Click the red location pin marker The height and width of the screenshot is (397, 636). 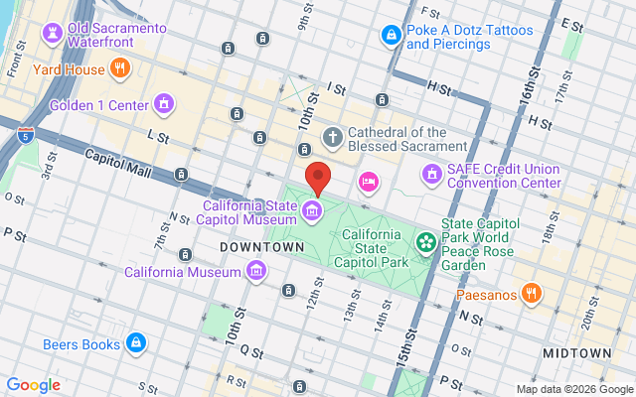click(x=317, y=177)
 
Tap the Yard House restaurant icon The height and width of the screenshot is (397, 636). click(x=120, y=68)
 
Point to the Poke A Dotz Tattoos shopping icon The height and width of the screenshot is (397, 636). click(x=392, y=36)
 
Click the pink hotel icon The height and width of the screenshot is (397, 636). click(x=369, y=181)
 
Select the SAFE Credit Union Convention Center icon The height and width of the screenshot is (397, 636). click(x=431, y=175)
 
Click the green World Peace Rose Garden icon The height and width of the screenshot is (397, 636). click(x=426, y=241)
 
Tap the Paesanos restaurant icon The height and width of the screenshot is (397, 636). click(x=532, y=293)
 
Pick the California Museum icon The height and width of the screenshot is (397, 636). click(x=256, y=271)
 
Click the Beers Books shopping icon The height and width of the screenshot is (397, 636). click(x=136, y=344)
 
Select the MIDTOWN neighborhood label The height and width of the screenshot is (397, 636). click(x=577, y=353)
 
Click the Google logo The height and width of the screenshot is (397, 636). click(x=34, y=385)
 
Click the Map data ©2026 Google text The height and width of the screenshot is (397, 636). click(x=573, y=389)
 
